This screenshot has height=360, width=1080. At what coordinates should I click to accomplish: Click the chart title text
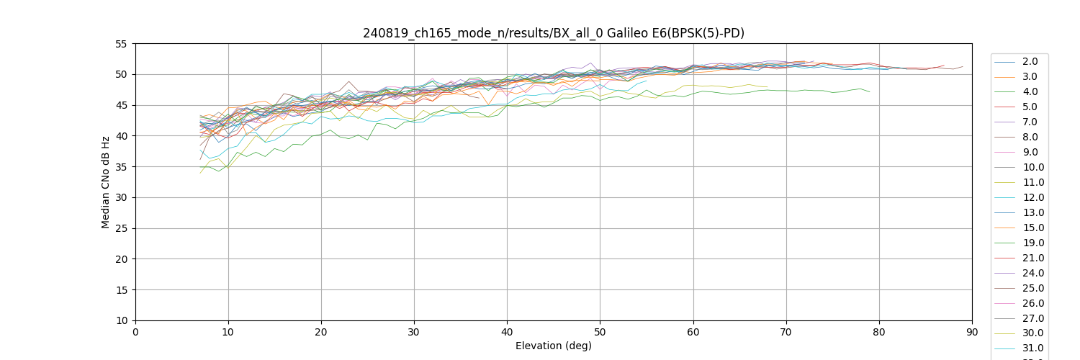[553, 33]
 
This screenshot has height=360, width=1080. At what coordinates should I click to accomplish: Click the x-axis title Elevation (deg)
[553, 346]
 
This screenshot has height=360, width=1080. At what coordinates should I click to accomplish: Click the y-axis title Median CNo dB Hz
[106, 182]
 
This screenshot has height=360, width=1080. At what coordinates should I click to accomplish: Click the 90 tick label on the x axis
[972, 331]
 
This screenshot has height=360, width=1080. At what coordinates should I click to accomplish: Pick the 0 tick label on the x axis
[135, 331]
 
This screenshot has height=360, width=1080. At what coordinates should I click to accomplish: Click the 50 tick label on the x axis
[600, 331]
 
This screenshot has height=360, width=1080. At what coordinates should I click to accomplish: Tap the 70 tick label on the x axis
[786, 331]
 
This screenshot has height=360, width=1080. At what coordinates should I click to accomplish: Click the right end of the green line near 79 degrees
[870, 91]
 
